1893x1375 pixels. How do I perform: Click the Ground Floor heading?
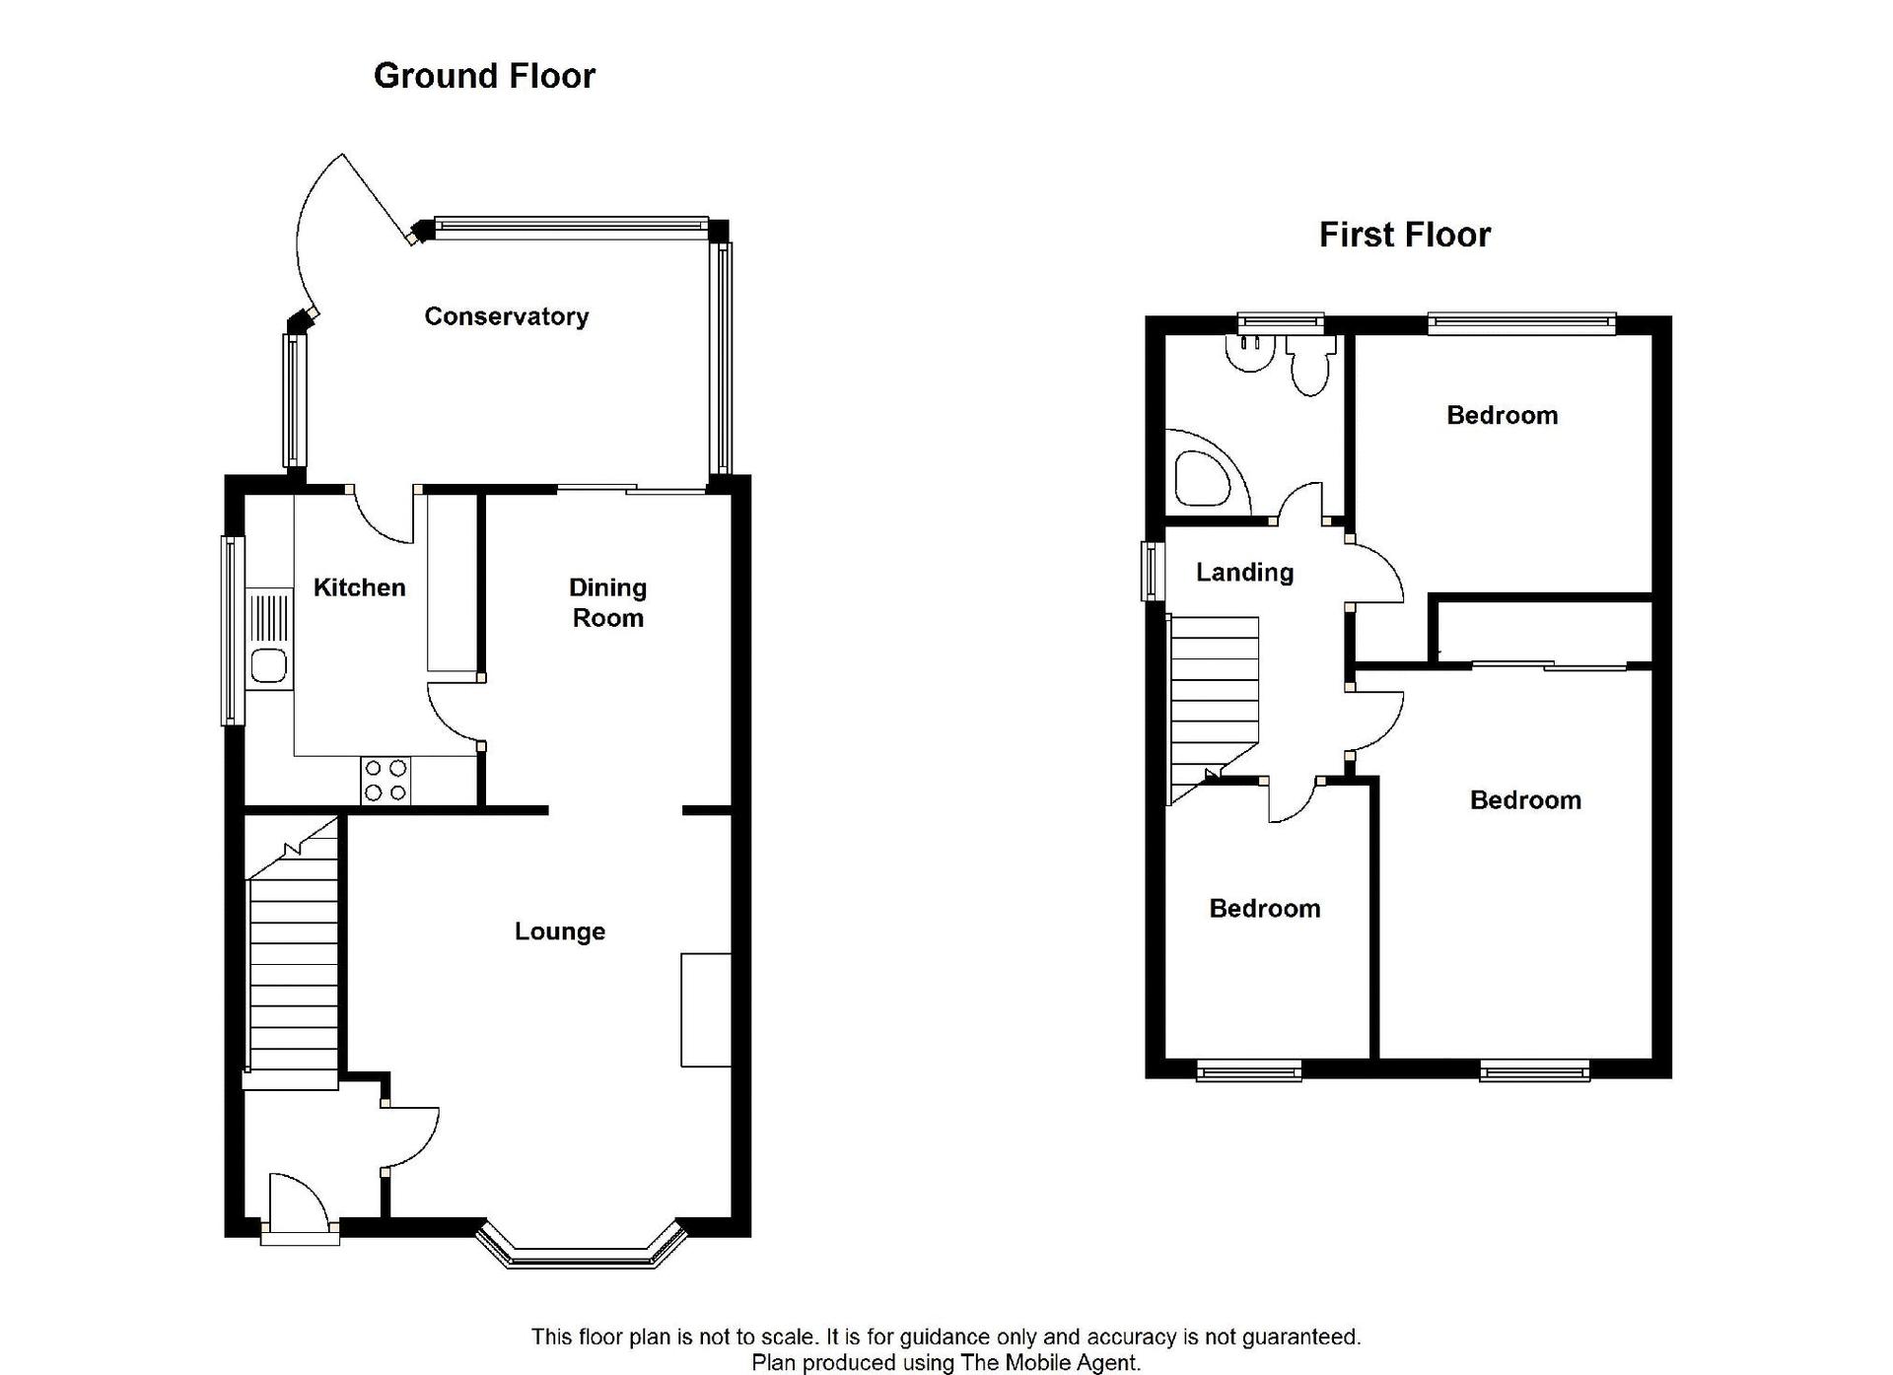[484, 76]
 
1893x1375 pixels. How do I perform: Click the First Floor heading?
[1404, 235]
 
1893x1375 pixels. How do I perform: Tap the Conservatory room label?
[507, 316]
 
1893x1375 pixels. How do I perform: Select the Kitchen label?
[359, 587]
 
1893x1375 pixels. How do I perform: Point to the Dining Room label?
[607, 602]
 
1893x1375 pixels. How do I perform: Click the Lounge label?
[560, 931]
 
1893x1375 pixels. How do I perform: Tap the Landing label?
[1244, 573]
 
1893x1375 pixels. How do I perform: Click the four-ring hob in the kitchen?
[386, 780]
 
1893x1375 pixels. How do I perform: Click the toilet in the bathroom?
[1309, 364]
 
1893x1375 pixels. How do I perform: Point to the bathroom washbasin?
[1248, 354]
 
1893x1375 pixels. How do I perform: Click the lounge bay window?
[582, 1245]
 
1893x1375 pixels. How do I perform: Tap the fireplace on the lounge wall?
[706, 1010]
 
